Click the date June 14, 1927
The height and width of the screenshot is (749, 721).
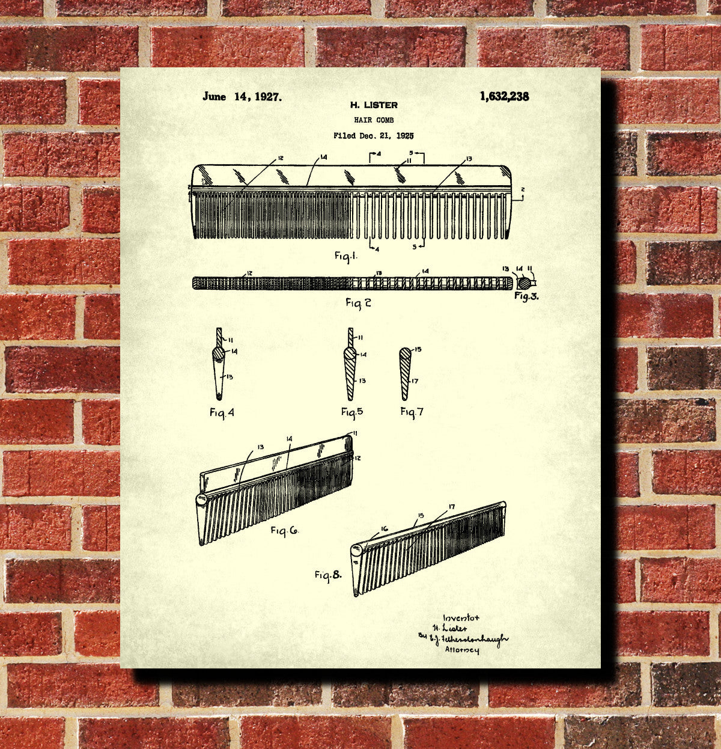(x=242, y=97)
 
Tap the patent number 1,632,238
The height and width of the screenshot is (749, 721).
(x=504, y=96)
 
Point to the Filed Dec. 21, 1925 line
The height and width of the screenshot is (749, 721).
(x=373, y=136)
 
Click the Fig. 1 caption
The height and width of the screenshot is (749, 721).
(x=346, y=255)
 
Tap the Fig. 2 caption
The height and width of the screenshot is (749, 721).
(x=358, y=302)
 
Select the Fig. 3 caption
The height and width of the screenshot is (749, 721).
(x=526, y=296)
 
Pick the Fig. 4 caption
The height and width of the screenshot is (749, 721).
(x=222, y=412)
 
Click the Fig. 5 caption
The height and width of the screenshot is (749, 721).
(x=352, y=412)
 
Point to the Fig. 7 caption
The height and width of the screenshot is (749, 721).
(x=412, y=412)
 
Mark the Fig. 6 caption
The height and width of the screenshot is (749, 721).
(x=284, y=530)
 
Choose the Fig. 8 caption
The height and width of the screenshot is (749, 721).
(x=328, y=575)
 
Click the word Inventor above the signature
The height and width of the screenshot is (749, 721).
(x=461, y=617)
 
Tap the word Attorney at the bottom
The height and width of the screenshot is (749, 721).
(x=461, y=650)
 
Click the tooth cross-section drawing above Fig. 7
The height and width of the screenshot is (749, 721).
(x=406, y=373)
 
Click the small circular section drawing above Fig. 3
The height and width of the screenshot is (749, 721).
(x=524, y=281)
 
